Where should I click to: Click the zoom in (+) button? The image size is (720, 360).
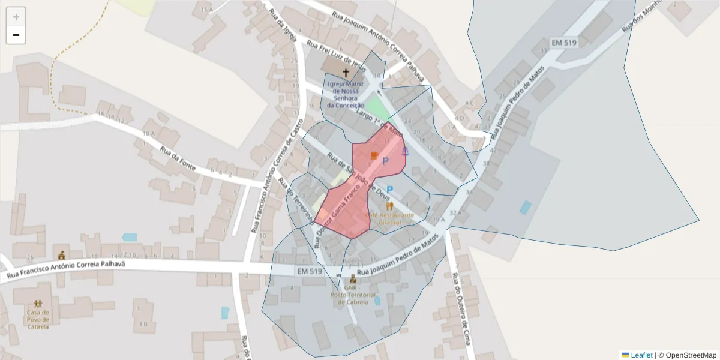(16, 17)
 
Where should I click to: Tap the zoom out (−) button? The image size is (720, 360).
(16, 35)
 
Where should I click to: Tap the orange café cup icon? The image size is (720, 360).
(374, 155)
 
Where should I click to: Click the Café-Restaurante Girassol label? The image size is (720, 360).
(389, 218)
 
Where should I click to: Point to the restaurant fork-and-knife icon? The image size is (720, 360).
(389, 206)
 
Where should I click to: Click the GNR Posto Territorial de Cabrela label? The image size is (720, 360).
(354, 295)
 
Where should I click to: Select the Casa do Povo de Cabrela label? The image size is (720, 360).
(38, 319)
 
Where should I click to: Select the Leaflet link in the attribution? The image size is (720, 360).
(641, 355)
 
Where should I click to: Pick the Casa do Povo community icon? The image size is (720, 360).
(38, 304)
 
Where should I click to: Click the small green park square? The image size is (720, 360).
(377, 107)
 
